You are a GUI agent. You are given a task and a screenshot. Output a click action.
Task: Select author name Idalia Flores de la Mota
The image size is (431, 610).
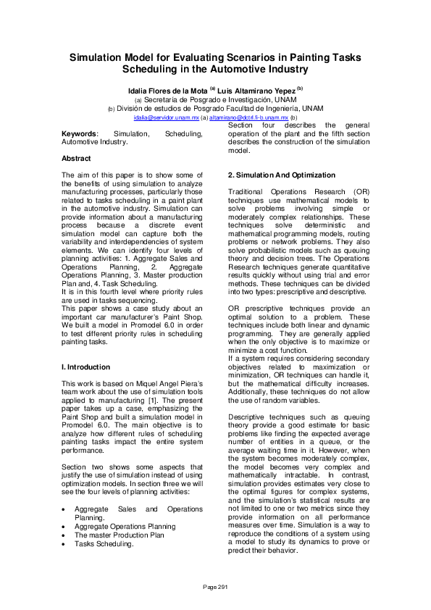[167, 90]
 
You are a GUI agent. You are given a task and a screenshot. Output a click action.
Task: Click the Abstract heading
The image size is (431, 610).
[76, 158]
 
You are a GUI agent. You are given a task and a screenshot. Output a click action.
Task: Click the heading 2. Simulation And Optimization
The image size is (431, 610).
[282, 175]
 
